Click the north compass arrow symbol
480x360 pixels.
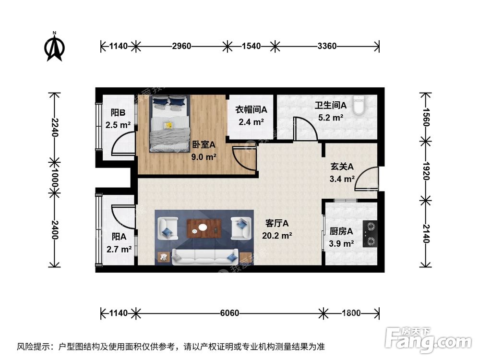(x=54, y=47)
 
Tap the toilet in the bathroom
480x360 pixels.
(x=359, y=105)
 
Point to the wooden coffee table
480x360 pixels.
(x=204, y=228)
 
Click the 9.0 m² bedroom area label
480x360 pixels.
(x=204, y=156)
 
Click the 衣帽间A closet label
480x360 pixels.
(x=251, y=109)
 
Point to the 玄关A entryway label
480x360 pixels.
(x=342, y=167)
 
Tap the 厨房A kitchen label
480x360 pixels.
(x=341, y=231)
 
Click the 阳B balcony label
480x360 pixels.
(x=118, y=113)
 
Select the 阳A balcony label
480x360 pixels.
(x=119, y=236)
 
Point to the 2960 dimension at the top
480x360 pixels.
(x=181, y=47)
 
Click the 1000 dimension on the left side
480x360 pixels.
(x=54, y=179)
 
